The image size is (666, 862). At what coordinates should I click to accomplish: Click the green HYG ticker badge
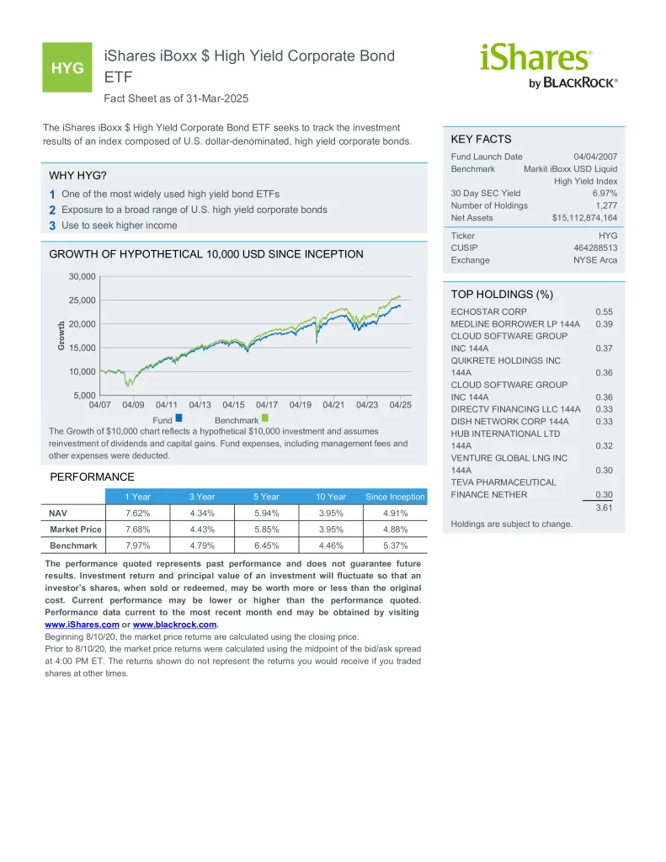(67, 67)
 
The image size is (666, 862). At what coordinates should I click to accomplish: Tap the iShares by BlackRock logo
(548, 66)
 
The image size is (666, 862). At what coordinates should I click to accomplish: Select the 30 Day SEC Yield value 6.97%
(605, 193)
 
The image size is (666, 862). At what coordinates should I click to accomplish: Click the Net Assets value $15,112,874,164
(584, 218)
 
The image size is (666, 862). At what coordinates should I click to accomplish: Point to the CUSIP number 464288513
(595, 248)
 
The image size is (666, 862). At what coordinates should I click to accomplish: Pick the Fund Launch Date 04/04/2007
(595, 157)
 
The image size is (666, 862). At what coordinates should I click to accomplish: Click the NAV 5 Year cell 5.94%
(266, 513)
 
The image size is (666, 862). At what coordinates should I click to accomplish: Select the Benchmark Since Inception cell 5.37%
(396, 545)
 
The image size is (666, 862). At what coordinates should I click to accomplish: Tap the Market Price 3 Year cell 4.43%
(202, 529)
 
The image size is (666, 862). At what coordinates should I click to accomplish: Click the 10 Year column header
(331, 497)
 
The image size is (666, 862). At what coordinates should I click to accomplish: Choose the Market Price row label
(75, 529)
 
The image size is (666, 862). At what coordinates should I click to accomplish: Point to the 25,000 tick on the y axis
(82, 301)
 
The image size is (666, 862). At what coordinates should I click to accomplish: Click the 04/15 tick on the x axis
(233, 405)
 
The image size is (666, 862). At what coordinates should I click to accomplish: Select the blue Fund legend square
(178, 418)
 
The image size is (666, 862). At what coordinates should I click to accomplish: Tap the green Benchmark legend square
(265, 418)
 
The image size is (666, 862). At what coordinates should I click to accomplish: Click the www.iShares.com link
(82, 625)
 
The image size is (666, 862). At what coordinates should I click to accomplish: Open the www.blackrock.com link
(175, 625)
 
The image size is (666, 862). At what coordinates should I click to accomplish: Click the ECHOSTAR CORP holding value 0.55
(604, 311)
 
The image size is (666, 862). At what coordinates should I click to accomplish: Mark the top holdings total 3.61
(604, 508)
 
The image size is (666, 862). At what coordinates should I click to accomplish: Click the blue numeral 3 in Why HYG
(52, 226)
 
